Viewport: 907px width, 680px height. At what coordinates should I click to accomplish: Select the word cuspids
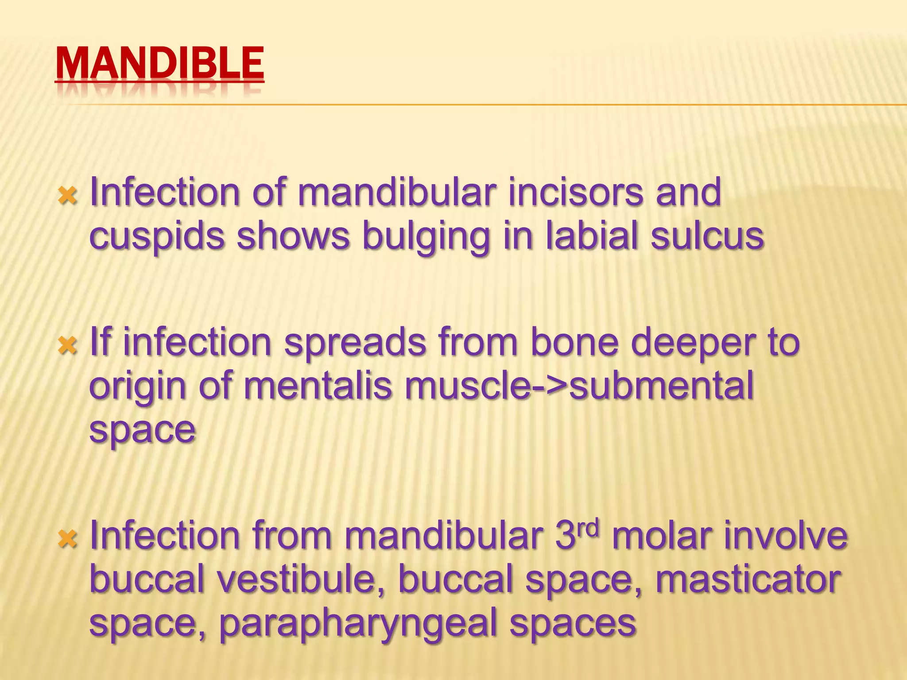157,236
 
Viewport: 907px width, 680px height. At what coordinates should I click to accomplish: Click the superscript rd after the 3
588,528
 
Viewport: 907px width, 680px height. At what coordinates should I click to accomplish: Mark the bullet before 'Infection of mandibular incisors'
68,195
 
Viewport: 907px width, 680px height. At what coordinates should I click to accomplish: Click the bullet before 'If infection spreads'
68,345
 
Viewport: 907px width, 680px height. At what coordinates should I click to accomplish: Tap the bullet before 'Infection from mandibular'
68,539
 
